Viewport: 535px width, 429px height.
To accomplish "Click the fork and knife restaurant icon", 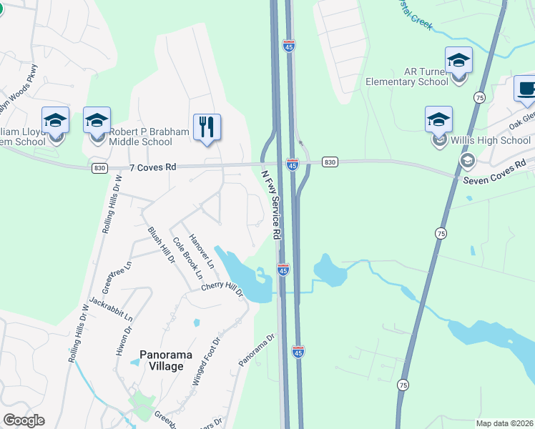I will click(x=207, y=127).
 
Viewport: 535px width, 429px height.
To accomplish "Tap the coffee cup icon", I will click(x=526, y=89).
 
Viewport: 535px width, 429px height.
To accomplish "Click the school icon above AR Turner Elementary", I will click(x=458, y=61).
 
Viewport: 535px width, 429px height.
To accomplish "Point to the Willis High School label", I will click(x=490, y=140).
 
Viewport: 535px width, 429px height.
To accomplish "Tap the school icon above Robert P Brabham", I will click(x=97, y=120).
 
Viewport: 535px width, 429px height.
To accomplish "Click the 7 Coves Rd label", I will click(x=152, y=167).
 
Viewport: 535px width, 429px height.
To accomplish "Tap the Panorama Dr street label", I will click(x=257, y=351).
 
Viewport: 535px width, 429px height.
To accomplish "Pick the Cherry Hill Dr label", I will click(x=222, y=289).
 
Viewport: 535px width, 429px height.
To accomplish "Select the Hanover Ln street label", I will click(x=201, y=251).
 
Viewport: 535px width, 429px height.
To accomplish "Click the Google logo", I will click(x=24, y=420).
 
